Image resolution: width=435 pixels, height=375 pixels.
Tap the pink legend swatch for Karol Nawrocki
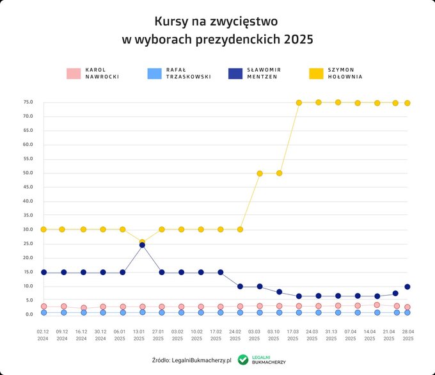(74, 74)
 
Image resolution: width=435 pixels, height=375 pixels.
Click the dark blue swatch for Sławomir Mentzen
(235, 74)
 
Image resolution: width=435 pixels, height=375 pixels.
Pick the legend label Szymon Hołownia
(345, 73)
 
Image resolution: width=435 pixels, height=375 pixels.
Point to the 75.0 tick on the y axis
(28, 102)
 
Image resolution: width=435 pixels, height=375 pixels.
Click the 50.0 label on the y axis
(28, 173)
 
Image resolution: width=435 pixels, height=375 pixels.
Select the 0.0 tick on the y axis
(29, 314)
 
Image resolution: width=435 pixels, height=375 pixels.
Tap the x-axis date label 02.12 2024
(43, 335)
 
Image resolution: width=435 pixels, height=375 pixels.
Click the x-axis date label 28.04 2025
(407, 335)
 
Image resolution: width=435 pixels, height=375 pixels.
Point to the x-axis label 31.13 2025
(331, 335)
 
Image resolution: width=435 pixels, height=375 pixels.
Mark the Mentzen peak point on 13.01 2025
(142, 245)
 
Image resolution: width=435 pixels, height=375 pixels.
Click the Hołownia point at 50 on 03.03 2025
(260, 173)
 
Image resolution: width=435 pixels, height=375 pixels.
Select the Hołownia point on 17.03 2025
(298, 102)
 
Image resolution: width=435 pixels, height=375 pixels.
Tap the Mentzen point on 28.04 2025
(407, 287)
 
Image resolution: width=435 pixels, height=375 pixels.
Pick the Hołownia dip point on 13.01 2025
(142, 243)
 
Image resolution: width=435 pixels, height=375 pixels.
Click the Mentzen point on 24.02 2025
(240, 286)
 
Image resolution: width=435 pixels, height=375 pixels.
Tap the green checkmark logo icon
(243, 360)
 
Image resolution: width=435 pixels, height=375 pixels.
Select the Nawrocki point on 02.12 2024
(43, 307)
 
